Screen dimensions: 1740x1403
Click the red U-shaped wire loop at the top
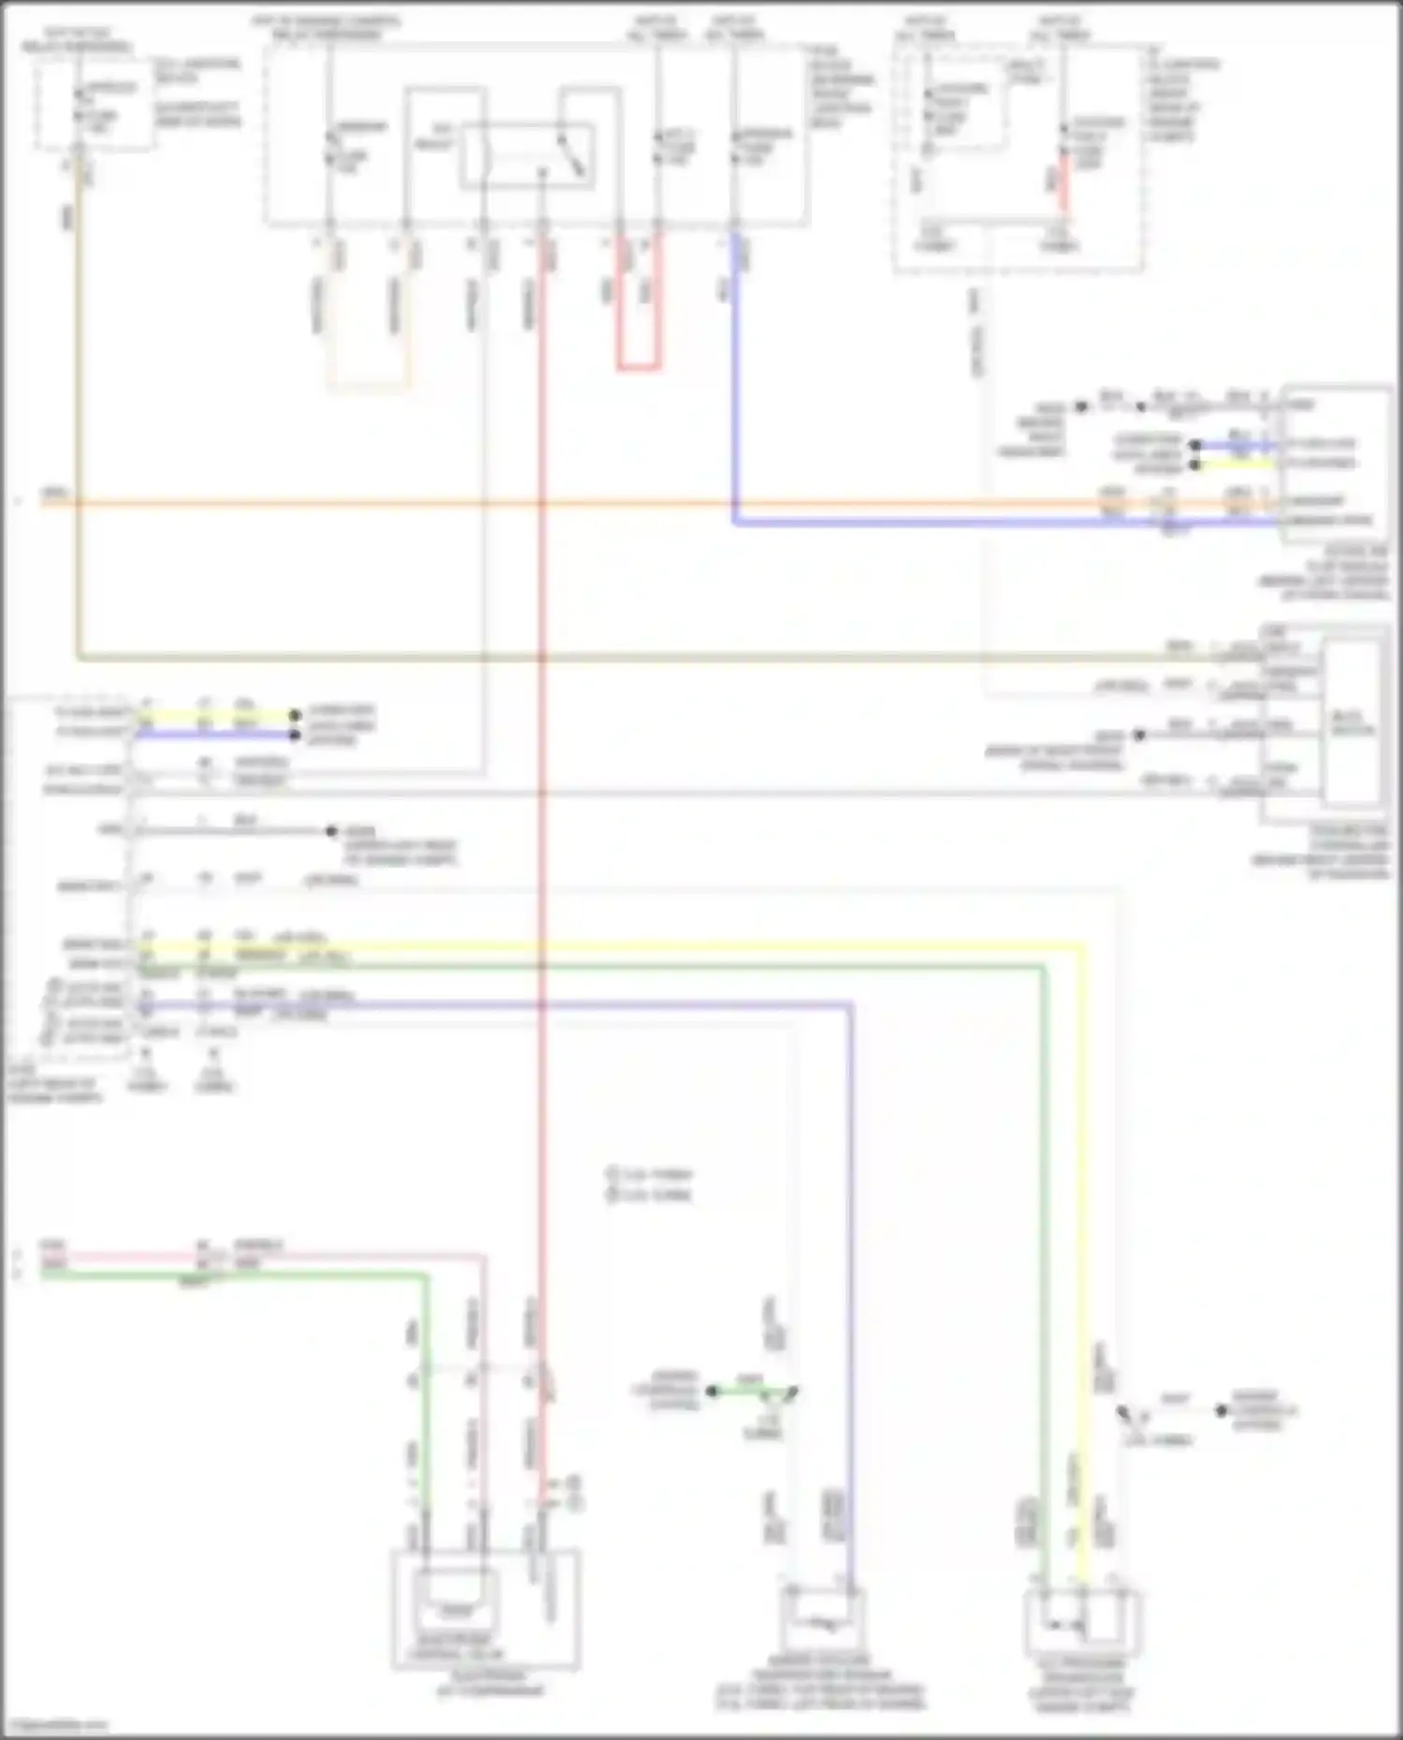coord(638,367)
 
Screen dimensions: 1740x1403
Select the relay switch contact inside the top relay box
coord(571,154)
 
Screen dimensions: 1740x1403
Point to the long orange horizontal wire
coord(561,503)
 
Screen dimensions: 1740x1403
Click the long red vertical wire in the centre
coord(541,841)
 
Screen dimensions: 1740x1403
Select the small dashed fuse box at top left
coord(94,103)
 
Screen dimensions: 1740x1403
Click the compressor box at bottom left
coord(485,1608)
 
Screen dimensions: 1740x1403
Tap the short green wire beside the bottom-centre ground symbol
coord(748,1391)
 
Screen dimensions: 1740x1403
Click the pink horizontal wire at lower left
coord(122,1257)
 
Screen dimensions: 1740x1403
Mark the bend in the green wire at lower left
coord(426,1276)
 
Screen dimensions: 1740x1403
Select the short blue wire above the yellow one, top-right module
coord(1235,445)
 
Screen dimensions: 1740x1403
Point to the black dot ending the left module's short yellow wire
coord(295,716)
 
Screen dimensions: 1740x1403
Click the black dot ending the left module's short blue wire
coord(295,735)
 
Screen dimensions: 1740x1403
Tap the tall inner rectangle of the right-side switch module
coord(1353,723)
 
